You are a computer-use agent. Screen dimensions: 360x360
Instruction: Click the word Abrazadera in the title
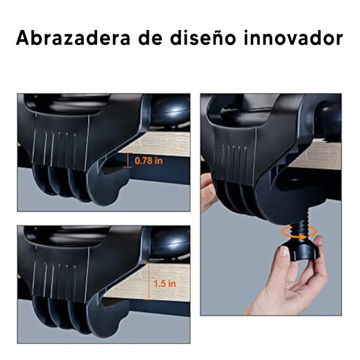pos(73,38)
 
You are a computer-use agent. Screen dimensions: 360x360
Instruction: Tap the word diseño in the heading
pos(203,38)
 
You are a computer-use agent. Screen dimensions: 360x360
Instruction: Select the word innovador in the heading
pos(293,38)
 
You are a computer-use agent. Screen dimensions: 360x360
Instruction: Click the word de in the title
pos(150,38)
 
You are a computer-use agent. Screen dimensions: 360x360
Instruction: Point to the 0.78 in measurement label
pos(149,161)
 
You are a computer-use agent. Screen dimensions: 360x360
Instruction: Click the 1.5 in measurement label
pos(165,284)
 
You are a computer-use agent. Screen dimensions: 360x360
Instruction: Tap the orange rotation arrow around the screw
pos(300,232)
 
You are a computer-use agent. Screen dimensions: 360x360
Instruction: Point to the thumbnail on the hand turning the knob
pos(284,251)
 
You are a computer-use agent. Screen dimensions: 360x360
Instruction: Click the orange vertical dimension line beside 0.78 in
pos(127,160)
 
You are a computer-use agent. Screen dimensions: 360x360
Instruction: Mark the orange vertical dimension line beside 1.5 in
pos(149,281)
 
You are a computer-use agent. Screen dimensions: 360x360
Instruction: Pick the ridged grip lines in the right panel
pos(234,161)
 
